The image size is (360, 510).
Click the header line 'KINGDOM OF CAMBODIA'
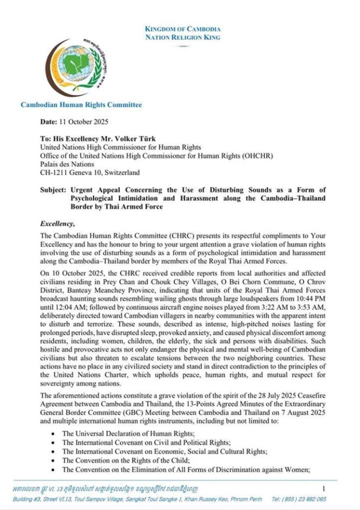(x=182, y=29)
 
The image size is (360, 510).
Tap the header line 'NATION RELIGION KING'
(x=182, y=38)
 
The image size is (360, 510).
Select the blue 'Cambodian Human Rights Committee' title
(x=81, y=105)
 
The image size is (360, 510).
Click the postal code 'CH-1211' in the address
(x=53, y=173)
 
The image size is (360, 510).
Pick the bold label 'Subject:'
(x=54, y=191)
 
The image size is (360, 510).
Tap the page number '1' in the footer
(x=323, y=489)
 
